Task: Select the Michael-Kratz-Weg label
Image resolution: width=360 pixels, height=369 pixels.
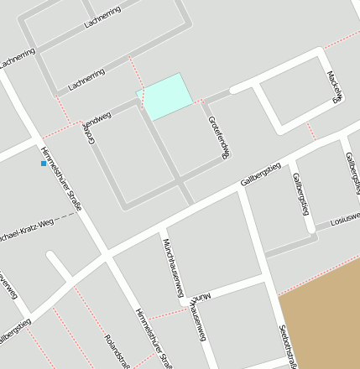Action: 25,228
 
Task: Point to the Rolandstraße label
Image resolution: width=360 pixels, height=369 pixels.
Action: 116,351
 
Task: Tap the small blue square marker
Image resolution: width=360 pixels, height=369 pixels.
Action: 44,163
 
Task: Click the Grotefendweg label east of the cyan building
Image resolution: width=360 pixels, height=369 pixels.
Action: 218,136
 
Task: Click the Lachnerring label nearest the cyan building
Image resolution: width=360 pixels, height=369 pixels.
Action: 86,80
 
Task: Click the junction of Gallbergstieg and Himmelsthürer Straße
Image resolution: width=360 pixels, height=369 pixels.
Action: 107,254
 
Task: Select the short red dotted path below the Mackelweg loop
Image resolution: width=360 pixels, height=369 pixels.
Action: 311,131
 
